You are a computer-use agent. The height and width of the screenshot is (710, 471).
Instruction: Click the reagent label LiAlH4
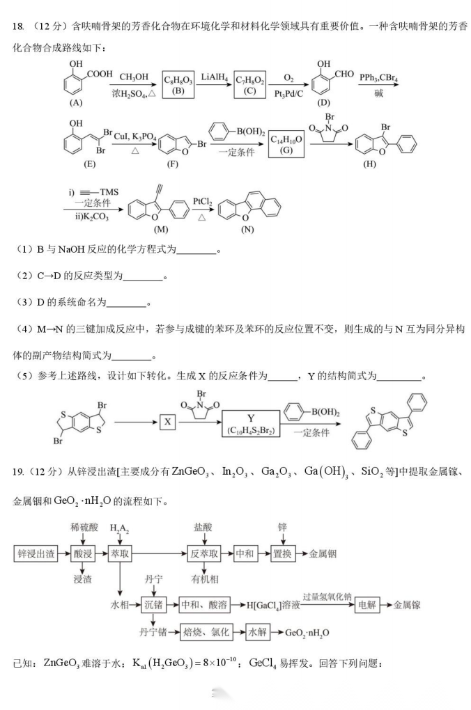tap(214, 77)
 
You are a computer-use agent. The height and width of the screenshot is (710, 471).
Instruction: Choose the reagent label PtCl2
tap(203, 200)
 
